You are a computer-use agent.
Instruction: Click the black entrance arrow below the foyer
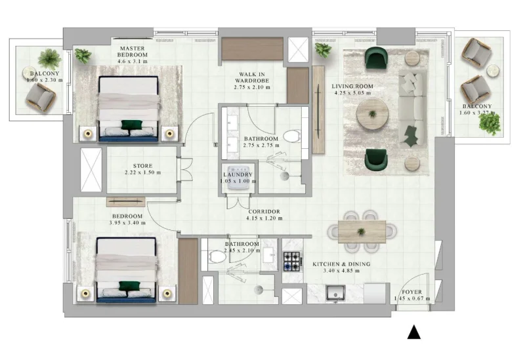[x=413, y=332]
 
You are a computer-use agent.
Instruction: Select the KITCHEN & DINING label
[x=341, y=264]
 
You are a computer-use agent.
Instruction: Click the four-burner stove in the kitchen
[x=291, y=260]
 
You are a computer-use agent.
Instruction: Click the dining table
[x=362, y=231]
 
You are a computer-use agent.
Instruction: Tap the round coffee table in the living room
[x=372, y=115]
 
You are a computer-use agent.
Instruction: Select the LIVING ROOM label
[x=352, y=86]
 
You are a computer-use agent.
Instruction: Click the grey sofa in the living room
[x=413, y=108]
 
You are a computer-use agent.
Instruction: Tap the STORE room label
[x=142, y=166]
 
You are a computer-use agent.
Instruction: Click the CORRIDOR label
[x=263, y=211]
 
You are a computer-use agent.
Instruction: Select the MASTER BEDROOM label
[x=133, y=54]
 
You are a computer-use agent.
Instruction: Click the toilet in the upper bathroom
[x=293, y=136]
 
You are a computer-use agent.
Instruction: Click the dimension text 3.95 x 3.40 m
[x=127, y=223]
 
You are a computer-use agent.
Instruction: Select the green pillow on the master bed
[x=133, y=124]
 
